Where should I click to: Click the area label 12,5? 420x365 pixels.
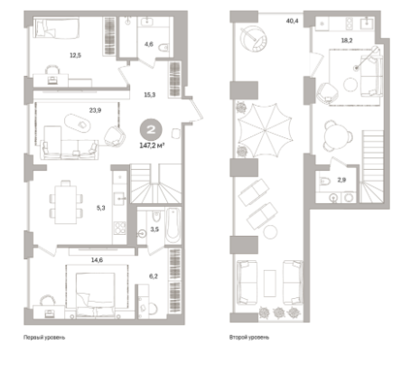(x=75, y=55)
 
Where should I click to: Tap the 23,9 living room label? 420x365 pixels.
(x=95, y=110)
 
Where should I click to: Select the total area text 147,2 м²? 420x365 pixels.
(x=152, y=145)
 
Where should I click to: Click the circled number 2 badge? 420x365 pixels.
(x=151, y=130)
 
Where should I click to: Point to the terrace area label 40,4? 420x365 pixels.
(x=292, y=21)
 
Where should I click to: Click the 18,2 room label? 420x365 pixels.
(x=347, y=41)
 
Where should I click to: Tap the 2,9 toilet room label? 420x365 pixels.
(x=341, y=180)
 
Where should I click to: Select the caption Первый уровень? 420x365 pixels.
(x=44, y=337)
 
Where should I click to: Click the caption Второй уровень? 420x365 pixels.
(x=249, y=337)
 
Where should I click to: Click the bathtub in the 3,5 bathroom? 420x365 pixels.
(x=173, y=226)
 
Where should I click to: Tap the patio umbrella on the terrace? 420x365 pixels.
(x=265, y=130)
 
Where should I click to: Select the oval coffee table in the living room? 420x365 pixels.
(x=78, y=123)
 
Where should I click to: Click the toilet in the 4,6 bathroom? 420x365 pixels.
(x=163, y=47)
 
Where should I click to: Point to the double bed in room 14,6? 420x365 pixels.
(x=95, y=295)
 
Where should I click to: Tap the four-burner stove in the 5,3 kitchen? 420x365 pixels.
(x=119, y=228)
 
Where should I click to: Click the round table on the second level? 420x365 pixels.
(x=336, y=136)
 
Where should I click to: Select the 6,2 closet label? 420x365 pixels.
(x=154, y=276)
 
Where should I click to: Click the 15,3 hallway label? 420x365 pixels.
(x=150, y=95)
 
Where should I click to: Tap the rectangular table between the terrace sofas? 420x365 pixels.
(x=270, y=284)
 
